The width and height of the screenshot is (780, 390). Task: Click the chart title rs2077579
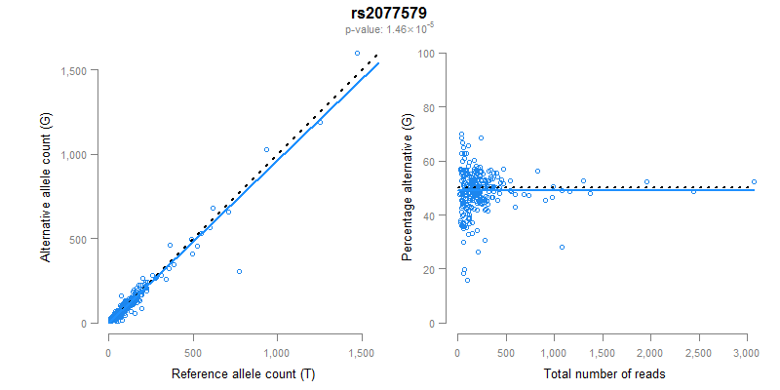389,14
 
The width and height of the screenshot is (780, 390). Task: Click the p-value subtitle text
389,29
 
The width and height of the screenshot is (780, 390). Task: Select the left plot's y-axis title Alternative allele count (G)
46,188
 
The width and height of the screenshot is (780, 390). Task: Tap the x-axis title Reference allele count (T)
243,374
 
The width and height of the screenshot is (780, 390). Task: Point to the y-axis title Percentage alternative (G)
407,188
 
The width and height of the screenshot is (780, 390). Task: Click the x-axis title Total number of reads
604,374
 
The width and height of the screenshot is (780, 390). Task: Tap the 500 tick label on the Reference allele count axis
193,351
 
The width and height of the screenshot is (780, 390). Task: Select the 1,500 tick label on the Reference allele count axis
362,351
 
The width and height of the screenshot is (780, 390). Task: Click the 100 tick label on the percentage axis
425,53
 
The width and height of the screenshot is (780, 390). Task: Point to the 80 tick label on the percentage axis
428,107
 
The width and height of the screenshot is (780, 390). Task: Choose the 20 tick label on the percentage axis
428,269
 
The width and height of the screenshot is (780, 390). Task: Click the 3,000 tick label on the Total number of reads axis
746,351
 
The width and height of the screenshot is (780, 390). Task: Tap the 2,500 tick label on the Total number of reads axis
698,351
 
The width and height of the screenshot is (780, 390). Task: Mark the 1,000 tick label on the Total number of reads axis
554,351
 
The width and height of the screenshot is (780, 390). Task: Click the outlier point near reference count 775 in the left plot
239,271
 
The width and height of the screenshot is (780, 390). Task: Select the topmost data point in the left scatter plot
357,53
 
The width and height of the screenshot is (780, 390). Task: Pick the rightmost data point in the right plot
754,181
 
